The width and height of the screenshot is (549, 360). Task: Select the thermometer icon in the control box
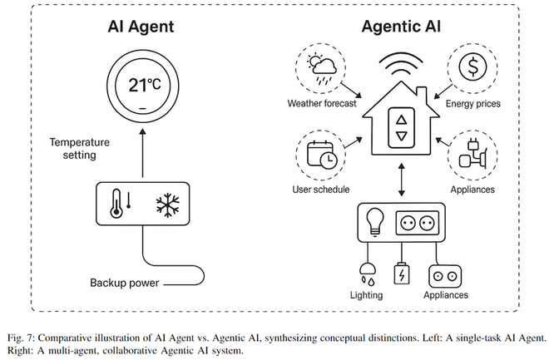click(x=116, y=204)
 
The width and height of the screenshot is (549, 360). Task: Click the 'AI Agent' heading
click(x=141, y=26)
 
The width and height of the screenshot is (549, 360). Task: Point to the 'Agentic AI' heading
click(x=401, y=26)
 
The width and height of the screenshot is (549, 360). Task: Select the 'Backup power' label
click(x=124, y=283)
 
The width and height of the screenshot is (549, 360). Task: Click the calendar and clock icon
click(x=321, y=155)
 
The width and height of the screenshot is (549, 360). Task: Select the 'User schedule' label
click(x=323, y=190)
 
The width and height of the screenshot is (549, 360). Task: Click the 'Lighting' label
click(x=366, y=294)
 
